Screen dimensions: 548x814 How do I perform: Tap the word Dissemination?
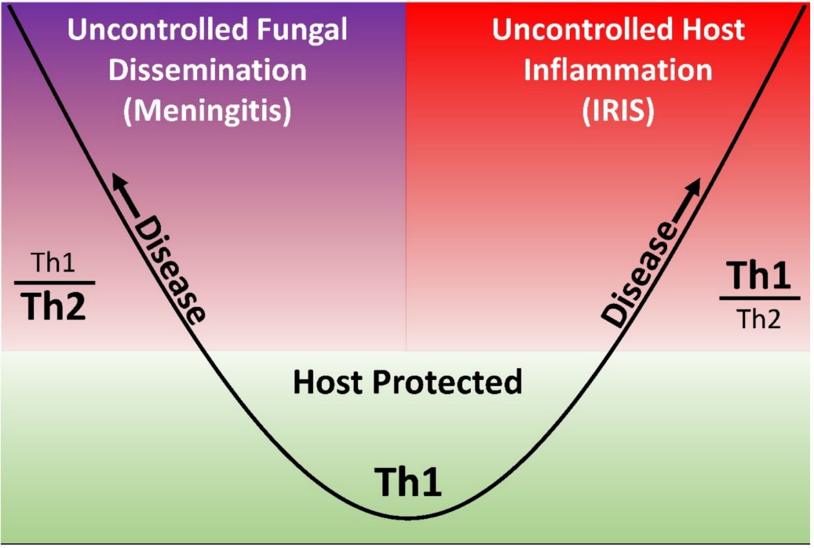tap(208, 71)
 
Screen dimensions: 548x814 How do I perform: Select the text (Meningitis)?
tap(208, 111)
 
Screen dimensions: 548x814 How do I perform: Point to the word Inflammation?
tap(618, 71)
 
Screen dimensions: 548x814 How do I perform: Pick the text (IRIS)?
tap(618, 111)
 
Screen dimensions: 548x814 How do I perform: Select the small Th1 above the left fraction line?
tap(54, 263)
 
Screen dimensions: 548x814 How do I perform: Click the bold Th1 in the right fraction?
tap(759, 276)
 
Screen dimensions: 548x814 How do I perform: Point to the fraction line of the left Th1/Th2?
tap(54, 282)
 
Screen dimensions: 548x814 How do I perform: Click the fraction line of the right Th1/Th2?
tap(759, 298)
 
